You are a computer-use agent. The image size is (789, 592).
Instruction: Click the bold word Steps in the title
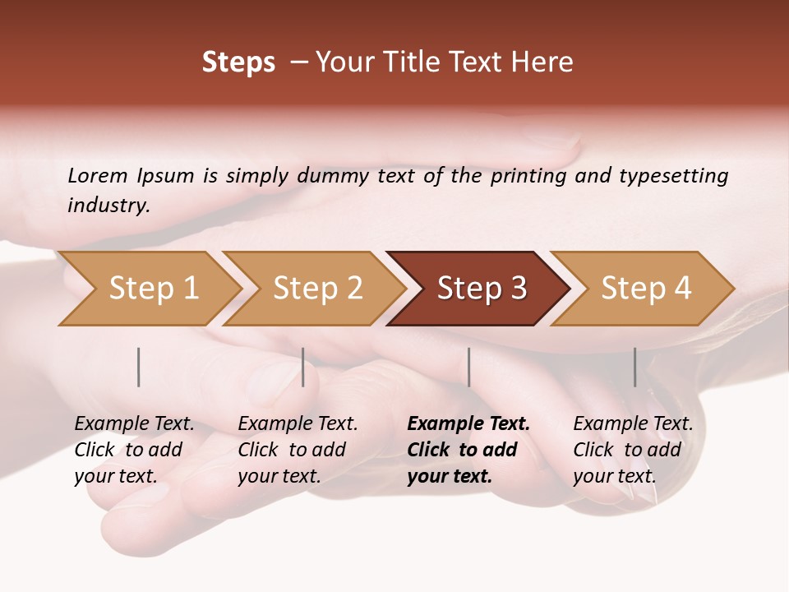coord(238,62)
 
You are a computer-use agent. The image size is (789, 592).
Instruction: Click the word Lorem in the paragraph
coord(97,175)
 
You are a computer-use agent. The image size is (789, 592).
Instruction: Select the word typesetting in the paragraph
coord(673,175)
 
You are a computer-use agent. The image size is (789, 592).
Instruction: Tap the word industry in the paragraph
coord(108,205)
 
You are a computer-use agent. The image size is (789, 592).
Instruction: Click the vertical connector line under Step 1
coord(139,367)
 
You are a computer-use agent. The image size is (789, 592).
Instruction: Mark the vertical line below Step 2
coord(303,367)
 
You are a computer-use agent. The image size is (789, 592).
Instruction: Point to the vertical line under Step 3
coord(468,367)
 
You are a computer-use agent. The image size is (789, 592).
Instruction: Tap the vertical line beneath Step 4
coord(634,367)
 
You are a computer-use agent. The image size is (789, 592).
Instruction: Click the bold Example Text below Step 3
coord(468,450)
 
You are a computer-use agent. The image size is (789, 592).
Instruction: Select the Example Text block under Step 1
coord(134,450)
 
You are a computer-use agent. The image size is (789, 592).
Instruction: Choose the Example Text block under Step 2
coord(298,450)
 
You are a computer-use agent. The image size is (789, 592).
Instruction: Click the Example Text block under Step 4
coord(633,450)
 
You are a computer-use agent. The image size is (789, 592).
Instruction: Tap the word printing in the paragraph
coord(528,175)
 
